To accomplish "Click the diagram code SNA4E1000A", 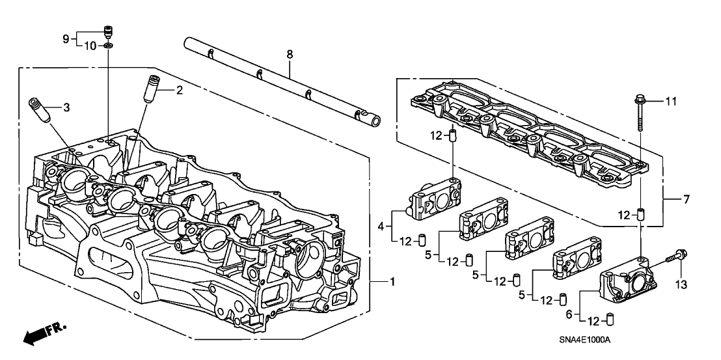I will [x=588, y=341].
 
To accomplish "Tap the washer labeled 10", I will [x=108, y=46].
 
